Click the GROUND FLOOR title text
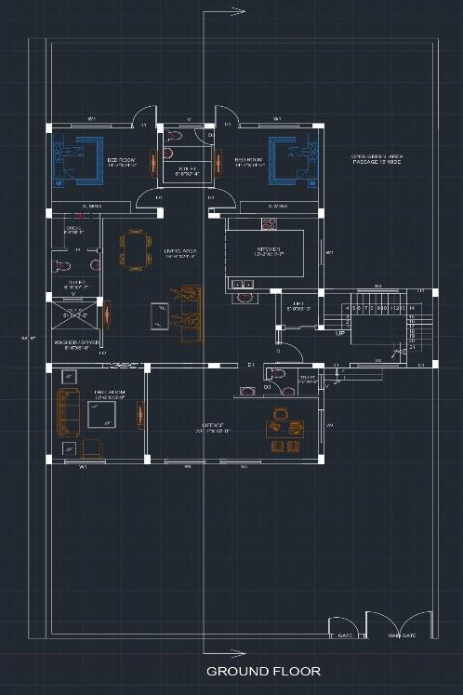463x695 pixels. click(263, 671)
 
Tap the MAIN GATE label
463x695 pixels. click(401, 636)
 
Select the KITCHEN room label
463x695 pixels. click(269, 249)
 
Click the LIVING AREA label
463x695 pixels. click(179, 250)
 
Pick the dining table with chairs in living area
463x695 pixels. click(135, 250)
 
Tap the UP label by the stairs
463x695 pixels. click(340, 332)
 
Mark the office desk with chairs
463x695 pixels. click(284, 428)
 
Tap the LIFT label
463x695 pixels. click(298, 303)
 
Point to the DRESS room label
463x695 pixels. click(73, 228)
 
